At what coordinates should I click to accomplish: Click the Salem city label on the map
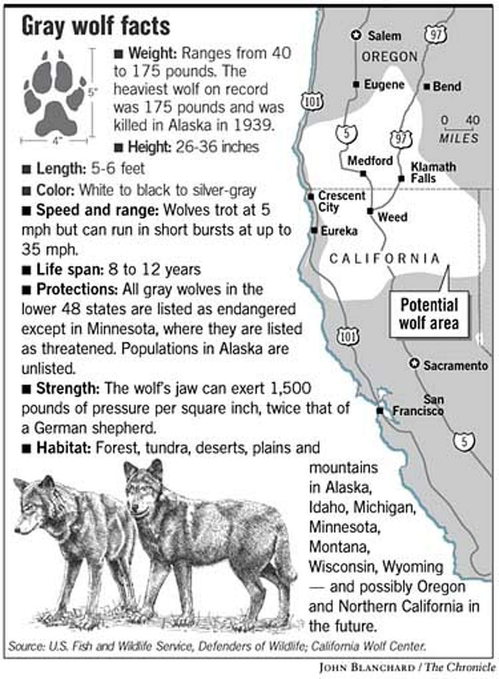[384, 36]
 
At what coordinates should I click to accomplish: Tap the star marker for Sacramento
[415, 364]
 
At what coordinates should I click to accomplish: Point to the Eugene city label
[384, 85]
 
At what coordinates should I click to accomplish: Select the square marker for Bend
[426, 87]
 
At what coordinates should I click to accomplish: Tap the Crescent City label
[341, 202]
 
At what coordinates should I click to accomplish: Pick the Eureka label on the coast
[339, 231]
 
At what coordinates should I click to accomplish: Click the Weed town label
[392, 217]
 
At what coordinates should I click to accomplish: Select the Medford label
[370, 160]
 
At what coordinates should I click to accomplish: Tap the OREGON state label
[389, 57]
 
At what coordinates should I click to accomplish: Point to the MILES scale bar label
[458, 138]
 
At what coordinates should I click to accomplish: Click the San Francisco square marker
[380, 411]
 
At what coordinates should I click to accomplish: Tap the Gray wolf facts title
[96, 26]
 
